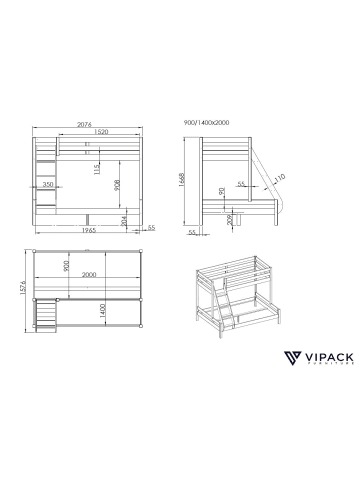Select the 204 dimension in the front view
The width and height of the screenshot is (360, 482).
123,219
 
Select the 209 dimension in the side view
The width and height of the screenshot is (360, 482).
232,219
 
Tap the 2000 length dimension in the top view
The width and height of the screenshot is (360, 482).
90,274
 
